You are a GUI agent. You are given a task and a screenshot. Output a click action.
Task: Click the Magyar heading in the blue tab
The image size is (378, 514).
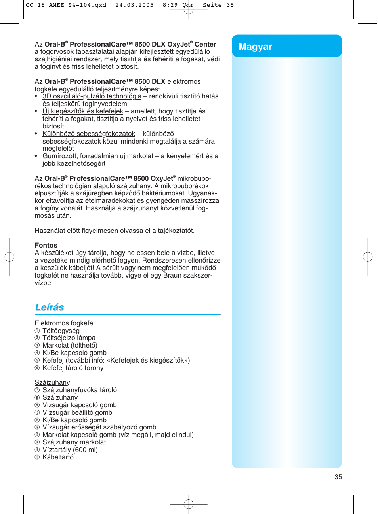point(255,47)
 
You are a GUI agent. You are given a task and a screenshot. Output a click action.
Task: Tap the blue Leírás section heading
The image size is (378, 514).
point(50,307)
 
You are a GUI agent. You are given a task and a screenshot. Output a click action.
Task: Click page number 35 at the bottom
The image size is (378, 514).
point(338,477)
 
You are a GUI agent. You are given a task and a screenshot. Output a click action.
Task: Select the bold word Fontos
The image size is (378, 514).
point(46,245)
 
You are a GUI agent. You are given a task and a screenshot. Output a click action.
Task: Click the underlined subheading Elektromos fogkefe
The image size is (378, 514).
point(64,323)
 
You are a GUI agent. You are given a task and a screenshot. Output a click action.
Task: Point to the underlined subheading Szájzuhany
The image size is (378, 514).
point(52,382)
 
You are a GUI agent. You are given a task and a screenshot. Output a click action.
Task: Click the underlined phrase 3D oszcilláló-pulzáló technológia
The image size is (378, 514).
point(92,96)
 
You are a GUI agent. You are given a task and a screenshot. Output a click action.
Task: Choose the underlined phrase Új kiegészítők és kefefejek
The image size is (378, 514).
point(82,111)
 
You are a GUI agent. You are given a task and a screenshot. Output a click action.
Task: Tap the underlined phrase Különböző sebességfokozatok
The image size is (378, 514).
point(88,134)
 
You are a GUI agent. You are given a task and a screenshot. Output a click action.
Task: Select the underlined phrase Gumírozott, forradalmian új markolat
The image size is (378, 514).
point(97,156)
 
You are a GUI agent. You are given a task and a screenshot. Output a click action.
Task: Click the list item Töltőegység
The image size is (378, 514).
point(61,331)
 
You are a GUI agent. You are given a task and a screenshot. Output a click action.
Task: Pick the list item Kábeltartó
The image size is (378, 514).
point(58,457)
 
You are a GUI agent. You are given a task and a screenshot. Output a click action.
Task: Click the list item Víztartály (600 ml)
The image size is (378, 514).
point(70,450)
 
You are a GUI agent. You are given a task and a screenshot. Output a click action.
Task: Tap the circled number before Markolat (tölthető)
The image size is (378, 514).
point(37,346)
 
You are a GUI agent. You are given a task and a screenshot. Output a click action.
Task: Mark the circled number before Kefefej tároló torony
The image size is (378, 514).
point(37,368)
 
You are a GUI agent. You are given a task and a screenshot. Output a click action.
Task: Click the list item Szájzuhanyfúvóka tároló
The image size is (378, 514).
point(79,390)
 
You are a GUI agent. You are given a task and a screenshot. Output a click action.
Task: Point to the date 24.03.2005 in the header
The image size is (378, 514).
point(134,5)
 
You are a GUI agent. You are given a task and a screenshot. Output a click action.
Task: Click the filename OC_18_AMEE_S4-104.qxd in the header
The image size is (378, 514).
point(66,5)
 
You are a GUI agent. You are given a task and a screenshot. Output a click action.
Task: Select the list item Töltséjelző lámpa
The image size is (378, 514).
point(69,338)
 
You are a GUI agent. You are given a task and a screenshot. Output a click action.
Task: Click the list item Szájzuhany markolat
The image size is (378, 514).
point(74,442)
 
